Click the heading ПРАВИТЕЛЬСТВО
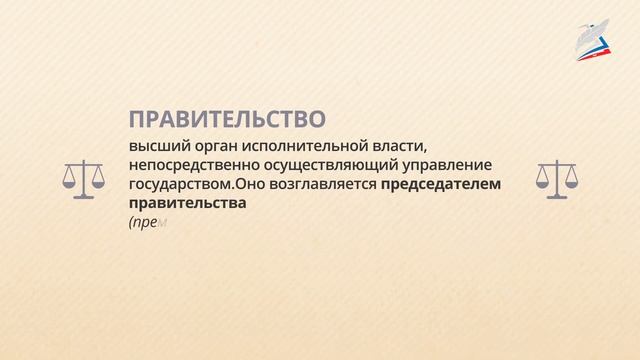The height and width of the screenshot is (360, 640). pyautogui.click(x=227, y=120)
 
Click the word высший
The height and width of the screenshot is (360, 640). pyautogui.click(x=154, y=147)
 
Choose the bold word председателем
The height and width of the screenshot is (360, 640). pyautogui.click(x=440, y=185)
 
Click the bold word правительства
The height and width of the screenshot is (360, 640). pyautogui.click(x=187, y=204)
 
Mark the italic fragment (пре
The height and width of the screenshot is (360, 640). pyautogui.click(x=141, y=224)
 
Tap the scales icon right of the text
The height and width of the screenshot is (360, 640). pyautogui.click(x=557, y=178)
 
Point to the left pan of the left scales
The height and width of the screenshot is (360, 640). pyautogui.click(x=70, y=184)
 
